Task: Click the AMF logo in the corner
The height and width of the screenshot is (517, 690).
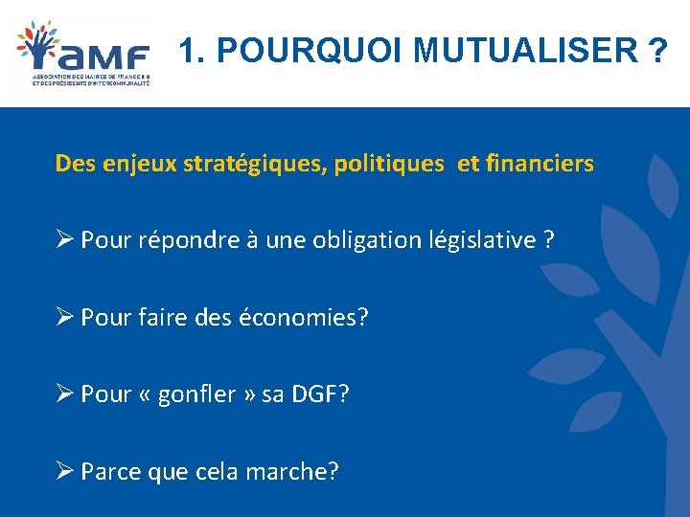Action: [83, 54]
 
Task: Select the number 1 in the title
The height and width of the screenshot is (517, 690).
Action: [188, 51]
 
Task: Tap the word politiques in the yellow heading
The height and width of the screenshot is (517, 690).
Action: [389, 164]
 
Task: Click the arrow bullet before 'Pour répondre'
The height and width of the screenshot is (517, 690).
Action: [64, 239]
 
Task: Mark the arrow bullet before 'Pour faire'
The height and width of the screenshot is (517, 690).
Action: [64, 317]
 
